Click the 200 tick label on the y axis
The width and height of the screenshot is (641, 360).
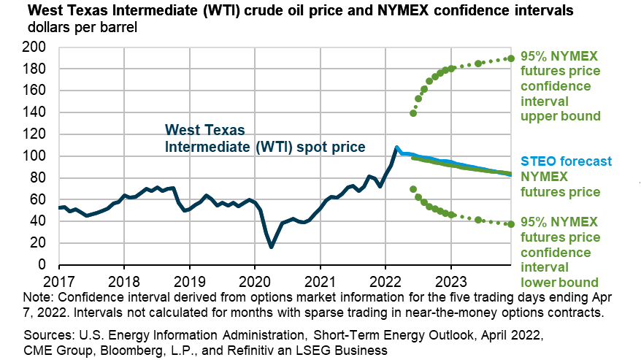(x=36, y=47)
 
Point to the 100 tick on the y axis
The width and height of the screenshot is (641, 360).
(x=36, y=156)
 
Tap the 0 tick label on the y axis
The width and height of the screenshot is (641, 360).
(x=42, y=265)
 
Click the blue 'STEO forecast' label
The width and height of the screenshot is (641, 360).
(x=566, y=161)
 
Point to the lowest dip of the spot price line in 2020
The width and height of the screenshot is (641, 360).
(x=272, y=247)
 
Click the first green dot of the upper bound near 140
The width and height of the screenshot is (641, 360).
(x=413, y=113)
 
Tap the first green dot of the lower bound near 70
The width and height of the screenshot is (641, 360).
(x=413, y=189)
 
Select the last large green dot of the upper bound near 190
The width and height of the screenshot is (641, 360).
(x=511, y=58)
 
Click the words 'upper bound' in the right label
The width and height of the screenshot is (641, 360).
(x=560, y=116)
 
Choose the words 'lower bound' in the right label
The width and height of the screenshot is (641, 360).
(x=560, y=282)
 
